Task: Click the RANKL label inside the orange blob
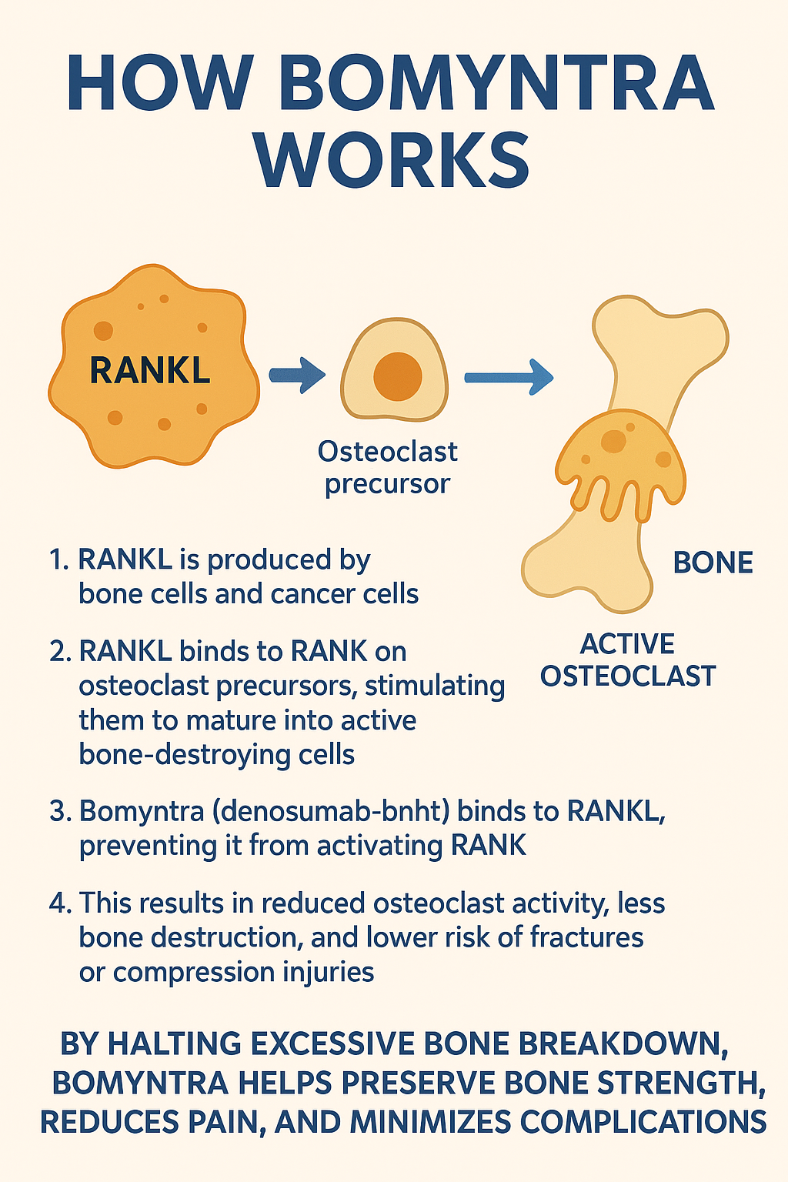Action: coord(150,370)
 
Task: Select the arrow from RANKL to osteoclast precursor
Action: coord(297,376)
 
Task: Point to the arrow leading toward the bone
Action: coord(509,377)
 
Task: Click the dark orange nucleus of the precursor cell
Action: coord(398,376)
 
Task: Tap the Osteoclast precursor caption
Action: coord(388,467)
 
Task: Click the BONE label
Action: coord(713,563)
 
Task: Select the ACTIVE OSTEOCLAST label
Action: coord(628,660)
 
